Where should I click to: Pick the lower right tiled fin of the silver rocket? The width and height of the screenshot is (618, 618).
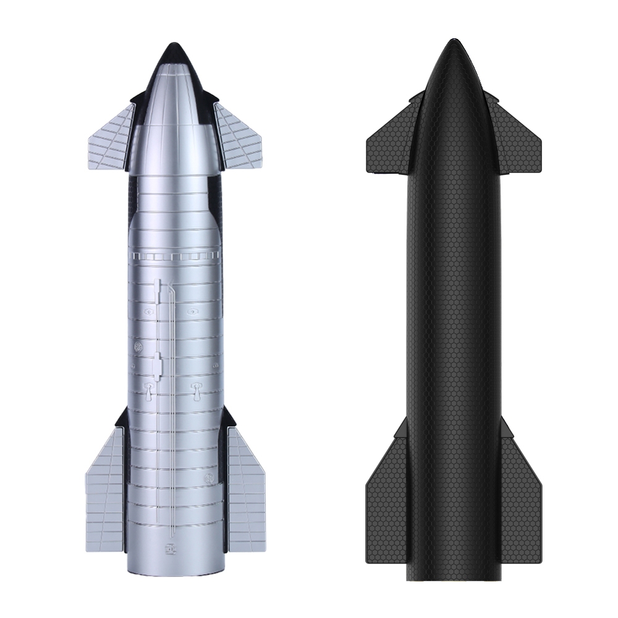click(245, 488)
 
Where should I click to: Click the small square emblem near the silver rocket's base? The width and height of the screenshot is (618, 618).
click(167, 548)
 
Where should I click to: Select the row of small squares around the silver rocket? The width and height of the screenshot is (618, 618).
click(174, 255)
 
